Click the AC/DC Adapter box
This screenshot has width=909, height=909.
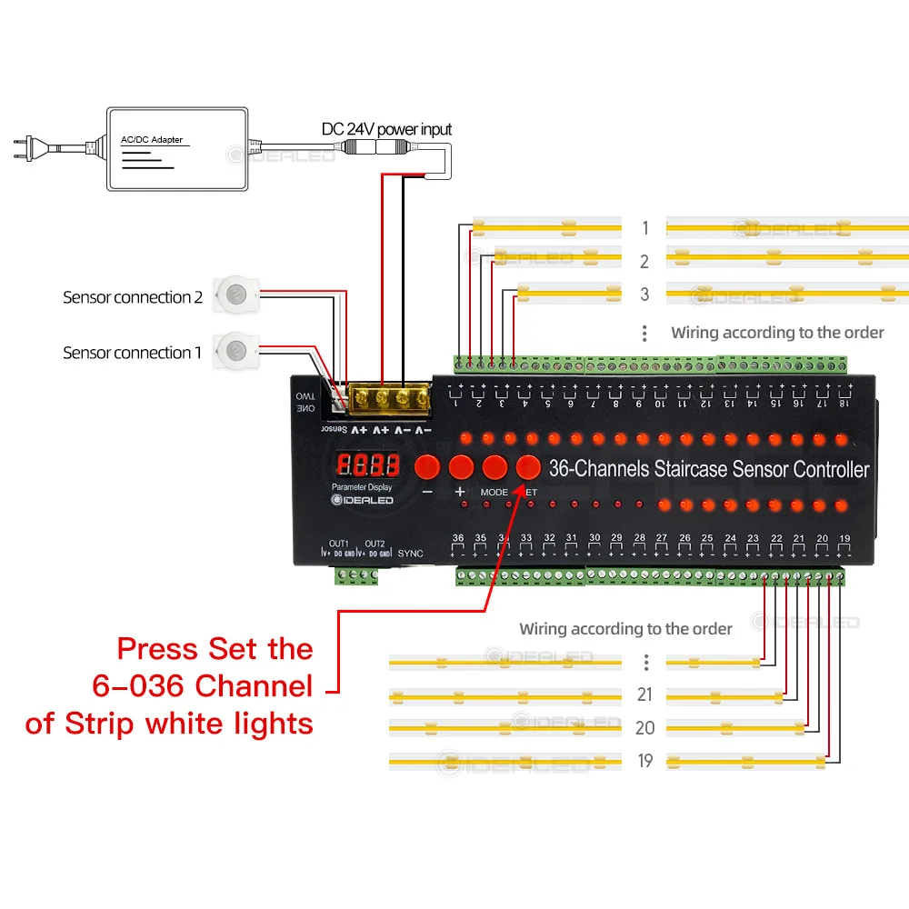[177, 149]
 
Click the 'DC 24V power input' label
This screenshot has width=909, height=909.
[386, 129]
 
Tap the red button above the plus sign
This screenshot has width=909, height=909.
[461, 467]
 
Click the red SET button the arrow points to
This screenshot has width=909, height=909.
[528, 467]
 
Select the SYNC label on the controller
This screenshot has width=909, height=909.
[411, 553]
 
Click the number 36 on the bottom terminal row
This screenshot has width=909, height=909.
[458, 538]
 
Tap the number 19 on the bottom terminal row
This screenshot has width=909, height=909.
[844, 538]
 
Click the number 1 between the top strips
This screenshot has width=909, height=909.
[644, 228]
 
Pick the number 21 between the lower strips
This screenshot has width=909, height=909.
[644, 695]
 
